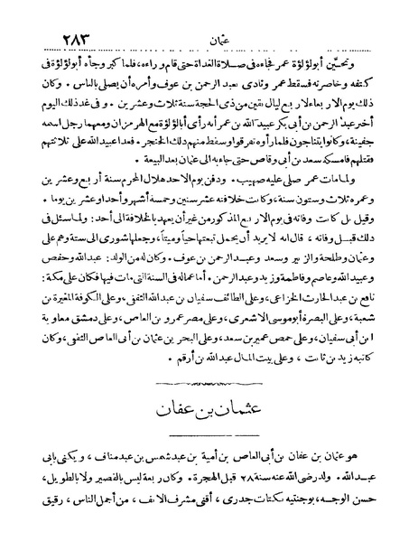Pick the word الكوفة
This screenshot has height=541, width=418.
[x=107, y=297]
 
